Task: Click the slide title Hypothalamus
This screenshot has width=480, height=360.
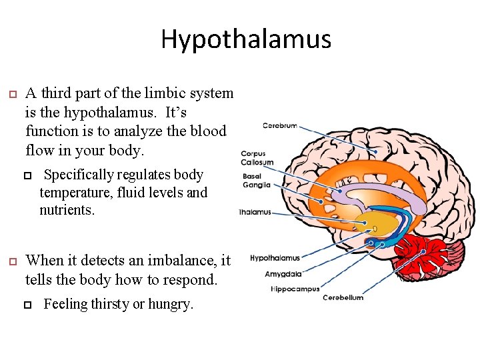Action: [245, 39]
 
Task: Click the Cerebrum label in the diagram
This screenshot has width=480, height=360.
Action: [280, 125]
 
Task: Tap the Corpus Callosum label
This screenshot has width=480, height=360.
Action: [257, 158]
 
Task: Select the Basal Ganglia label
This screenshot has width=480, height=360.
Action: [257, 181]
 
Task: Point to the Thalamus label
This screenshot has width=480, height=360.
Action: [255, 213]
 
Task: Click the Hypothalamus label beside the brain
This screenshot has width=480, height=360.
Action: [275, 258]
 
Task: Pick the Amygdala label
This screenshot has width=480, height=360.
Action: [283, 273]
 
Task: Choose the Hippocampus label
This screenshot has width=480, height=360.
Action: [295, 289]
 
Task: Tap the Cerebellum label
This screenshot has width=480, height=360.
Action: [343, 297]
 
